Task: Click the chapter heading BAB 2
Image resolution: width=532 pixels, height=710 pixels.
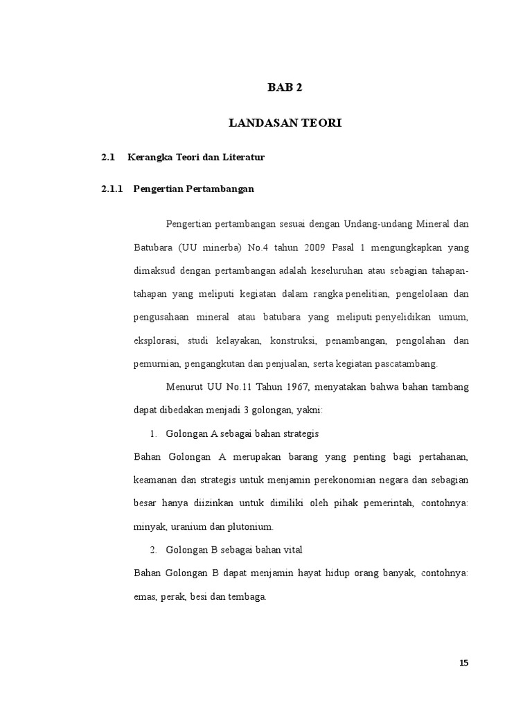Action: (285, 87)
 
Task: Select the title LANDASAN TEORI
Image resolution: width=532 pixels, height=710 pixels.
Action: (285, 123)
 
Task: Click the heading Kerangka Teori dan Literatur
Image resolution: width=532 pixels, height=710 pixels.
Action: (196, 157)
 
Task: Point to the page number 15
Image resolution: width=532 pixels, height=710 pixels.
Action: (464, 663)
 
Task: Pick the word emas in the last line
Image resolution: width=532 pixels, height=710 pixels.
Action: (143, 597)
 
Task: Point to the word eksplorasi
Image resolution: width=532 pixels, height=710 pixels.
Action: (157, 340)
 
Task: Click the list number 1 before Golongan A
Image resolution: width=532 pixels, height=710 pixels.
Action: (152, 433)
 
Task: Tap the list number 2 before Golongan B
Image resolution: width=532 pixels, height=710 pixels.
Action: (152, 550)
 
